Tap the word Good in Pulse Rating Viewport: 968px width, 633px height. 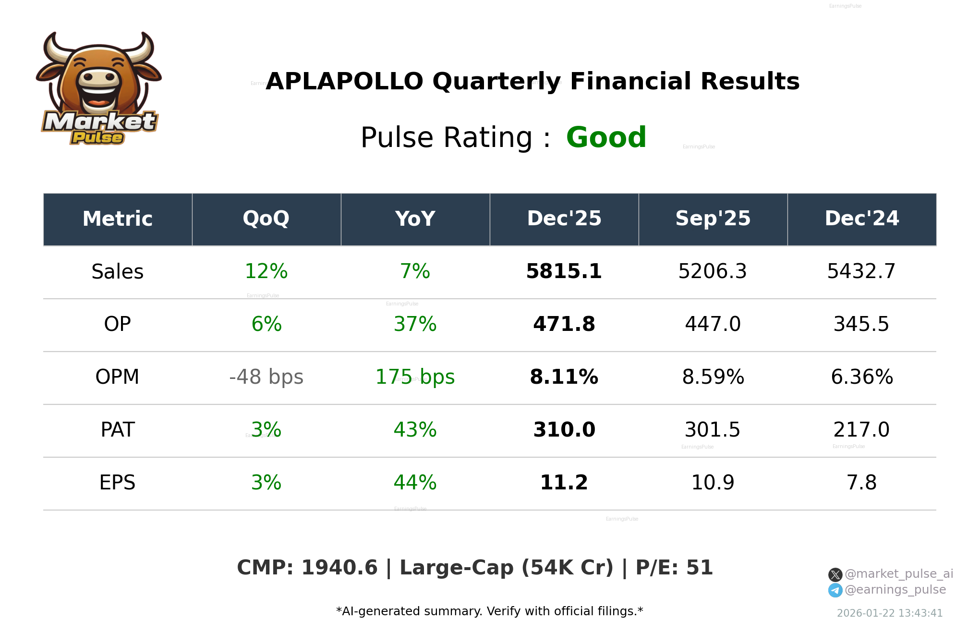coord(606,138)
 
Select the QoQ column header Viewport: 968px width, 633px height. coord(266,219)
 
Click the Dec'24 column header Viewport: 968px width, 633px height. coord(861,219)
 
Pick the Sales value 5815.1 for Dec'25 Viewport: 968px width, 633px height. coord(564,271)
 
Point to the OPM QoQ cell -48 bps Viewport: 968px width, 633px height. coord(266,377)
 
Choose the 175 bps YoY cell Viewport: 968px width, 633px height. coord(415,377)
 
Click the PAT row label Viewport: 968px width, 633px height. coord(118,430)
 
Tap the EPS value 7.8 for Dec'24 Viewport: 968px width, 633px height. coord(861,483)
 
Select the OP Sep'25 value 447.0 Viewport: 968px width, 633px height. coord(713,324)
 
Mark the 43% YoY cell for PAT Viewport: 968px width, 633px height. coord(415,430)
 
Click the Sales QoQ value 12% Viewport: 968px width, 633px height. coord(266,271)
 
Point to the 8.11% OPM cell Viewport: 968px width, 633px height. coord(564,377)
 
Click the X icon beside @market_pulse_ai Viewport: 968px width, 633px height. coord(835,574)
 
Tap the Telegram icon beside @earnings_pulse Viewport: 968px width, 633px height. coord(835,590)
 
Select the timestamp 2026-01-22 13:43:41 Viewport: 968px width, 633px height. coord(890,613)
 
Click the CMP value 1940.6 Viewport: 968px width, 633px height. coord(339,568)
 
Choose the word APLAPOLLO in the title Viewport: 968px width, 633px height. coord(344,82)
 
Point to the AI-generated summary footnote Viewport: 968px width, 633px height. coord(489,611)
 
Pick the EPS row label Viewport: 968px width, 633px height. coord(118,483)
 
